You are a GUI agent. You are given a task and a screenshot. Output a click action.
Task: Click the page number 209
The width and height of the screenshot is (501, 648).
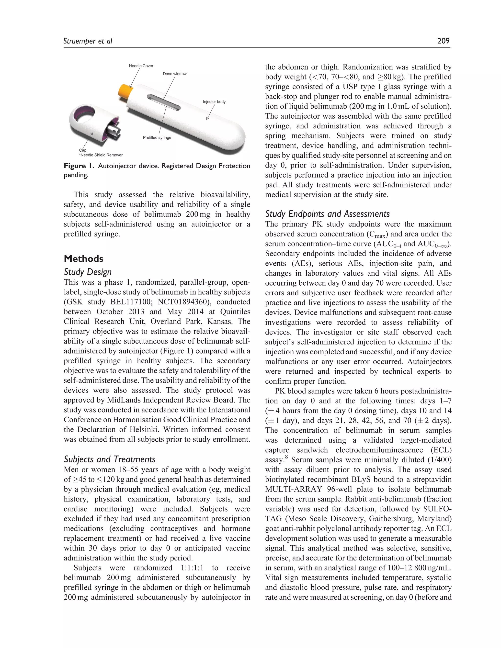pyautogui.click(x=444, y=41)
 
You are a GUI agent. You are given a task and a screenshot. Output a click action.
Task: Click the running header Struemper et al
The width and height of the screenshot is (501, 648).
pyautogui.click(x=88, y=41)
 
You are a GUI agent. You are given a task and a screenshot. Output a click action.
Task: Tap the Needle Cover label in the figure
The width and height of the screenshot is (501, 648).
pyautogui.click(x=141, y=66)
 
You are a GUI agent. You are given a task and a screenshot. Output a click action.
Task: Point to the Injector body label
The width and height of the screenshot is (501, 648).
pyautogui.click(x=214, y=101)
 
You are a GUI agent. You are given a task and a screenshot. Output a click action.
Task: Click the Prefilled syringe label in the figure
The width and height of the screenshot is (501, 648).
pyautogui.click(x=157, y=137)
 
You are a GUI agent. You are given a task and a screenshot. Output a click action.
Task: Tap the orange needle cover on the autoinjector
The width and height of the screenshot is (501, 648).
pyautogui.click(x=125, y=90)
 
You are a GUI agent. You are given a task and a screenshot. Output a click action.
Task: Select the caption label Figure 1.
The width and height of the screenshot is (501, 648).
pyautogui.click(x=79, y=166)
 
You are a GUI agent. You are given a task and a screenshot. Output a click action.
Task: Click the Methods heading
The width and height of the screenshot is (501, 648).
pyautogui.click(x=83, y=258)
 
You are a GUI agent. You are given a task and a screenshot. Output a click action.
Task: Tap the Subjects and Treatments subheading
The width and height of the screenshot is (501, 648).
pyautogui.click(x=110, y=459)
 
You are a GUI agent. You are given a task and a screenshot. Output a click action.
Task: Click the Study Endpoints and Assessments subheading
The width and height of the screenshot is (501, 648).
pyautogui.click(x=327, y=214)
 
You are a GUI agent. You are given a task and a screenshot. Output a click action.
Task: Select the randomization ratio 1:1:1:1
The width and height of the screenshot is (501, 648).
pyautogui.click(x=192, y=568)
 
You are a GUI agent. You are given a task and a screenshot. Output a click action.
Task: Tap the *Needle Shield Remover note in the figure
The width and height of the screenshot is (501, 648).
pyautogui.click(x=101, y=155)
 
